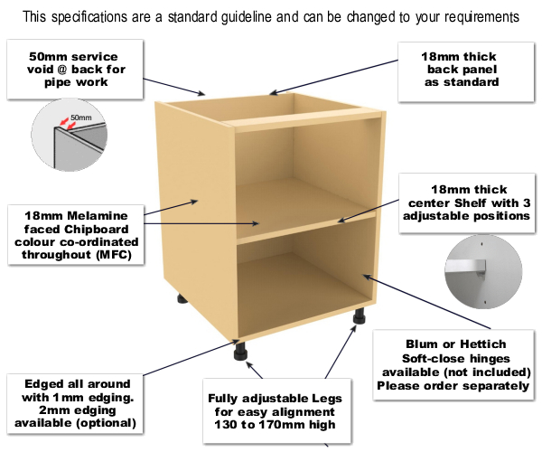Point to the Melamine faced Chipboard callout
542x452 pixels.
[72, 234]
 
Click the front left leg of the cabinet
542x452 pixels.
[242, 350]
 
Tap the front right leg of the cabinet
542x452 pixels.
[360, 318]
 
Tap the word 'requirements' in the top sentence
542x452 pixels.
[470, 17]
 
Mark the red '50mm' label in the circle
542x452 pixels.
[80, 118]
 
